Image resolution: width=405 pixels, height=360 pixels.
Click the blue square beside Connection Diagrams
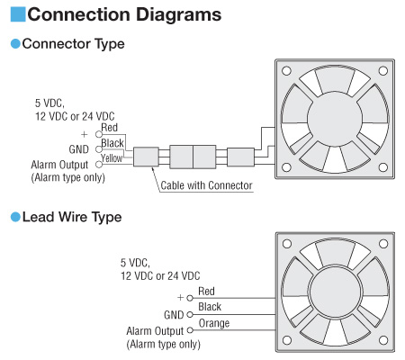(x=18, y=14)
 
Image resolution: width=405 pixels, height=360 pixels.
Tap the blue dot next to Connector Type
(x=15, y=44)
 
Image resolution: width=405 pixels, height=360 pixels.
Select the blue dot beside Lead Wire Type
(x=15, y=217)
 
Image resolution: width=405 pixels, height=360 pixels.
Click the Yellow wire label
(x=112, y=158)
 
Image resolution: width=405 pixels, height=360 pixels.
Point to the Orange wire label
(x=214, y=323)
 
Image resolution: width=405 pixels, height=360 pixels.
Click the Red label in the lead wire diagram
(x=206, y=291)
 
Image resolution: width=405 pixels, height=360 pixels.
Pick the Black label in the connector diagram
(x=112, y=143)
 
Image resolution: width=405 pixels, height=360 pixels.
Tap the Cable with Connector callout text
(x=206, y=185)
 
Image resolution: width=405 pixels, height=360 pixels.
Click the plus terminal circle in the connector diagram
(x=99, y=134)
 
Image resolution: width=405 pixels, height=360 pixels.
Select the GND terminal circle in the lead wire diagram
(x=190, y=315)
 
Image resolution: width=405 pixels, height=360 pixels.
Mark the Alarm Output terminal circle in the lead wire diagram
(x=190, y=330)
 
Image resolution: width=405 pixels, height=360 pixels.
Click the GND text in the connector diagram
(x=79, y=149)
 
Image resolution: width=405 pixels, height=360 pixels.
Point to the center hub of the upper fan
(x=335, y=119)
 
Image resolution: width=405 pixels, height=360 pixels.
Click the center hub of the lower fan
(x=335, y=292)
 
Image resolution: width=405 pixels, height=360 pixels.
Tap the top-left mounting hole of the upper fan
(x=287, y=71)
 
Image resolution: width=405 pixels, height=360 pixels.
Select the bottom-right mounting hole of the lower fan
(x=383, y=340)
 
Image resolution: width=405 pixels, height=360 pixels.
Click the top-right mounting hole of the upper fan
(x=383, y=71)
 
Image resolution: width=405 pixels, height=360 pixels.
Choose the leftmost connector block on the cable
(x=146, y=157)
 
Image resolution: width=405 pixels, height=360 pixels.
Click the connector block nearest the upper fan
(x=240, y=157)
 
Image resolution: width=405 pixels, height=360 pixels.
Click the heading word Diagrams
(x=178, y=14)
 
